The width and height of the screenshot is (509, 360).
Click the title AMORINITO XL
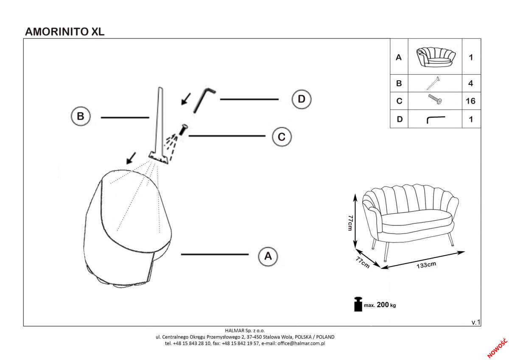point(65,31)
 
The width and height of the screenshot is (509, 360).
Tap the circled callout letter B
point(80,117)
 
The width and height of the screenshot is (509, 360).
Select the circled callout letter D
point(301,99)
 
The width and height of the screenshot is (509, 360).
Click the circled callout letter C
point(281,137)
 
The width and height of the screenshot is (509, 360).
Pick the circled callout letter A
point(268,256)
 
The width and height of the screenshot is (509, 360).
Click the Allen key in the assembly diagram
point(203,100)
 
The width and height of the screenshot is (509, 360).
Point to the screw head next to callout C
point(184,128)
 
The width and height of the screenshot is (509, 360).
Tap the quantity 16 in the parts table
point(470,101)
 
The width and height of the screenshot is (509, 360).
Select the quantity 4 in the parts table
point(470,83)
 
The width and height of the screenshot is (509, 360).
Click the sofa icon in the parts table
point(435,57)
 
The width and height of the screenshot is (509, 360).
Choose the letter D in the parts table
point(399,119)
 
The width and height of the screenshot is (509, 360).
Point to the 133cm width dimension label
point(426,265)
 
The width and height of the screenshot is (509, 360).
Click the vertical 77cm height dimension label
point(350,223)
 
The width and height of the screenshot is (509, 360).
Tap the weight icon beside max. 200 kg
point(358,304)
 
